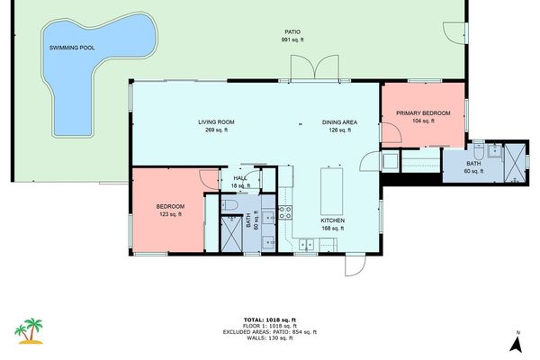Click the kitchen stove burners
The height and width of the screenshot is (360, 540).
click(x=285, y=213)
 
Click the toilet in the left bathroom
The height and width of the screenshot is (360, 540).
click(x=230, y=205)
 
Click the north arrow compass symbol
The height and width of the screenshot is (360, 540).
click(x=518, y=343)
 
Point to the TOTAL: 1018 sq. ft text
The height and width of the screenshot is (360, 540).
click(x=269, y=319)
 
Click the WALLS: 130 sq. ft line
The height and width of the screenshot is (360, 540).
click(x=269, y=338)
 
